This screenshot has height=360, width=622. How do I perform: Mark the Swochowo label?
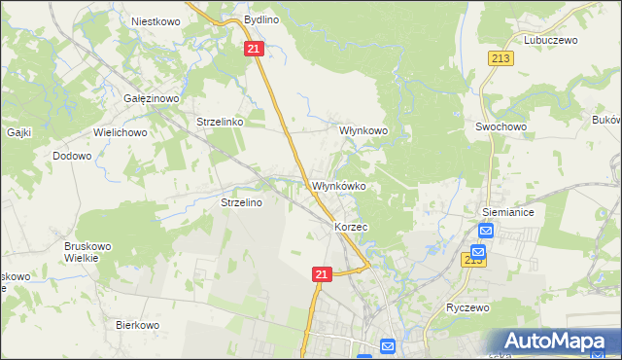pyautogui.click(x=501, y=126)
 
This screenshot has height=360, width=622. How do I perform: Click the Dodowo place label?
pyautogui.click(x=72, y=155)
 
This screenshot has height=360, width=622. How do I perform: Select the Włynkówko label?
pyautogui.click(x=337, y=186)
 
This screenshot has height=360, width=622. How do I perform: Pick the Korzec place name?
pyautogui.click(x=351, y=226)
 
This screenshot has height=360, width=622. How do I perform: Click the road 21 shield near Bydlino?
pyautogui.click(x=254, y=49)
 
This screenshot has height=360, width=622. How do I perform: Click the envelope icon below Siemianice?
pyautogui.click(x=487, y=231)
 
